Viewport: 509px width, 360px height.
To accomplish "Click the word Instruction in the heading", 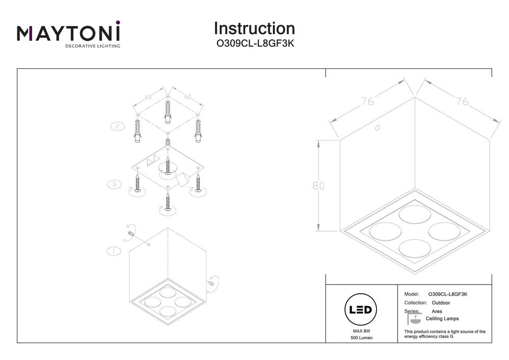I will (254, 28).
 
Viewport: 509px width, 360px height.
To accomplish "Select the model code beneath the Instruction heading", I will (254, 44).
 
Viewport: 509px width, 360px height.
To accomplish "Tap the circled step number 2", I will (117, 125).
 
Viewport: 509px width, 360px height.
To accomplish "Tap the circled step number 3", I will (114, 184).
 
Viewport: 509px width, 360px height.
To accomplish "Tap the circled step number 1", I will (113, 251).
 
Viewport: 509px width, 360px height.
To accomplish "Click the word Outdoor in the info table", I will (439, 302).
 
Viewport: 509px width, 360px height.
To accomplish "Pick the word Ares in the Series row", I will (437, 311).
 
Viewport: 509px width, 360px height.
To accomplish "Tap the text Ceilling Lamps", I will (442, 319).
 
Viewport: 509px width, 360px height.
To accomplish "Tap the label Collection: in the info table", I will (415, 302).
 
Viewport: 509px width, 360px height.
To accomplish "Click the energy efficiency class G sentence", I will (444, 334).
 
